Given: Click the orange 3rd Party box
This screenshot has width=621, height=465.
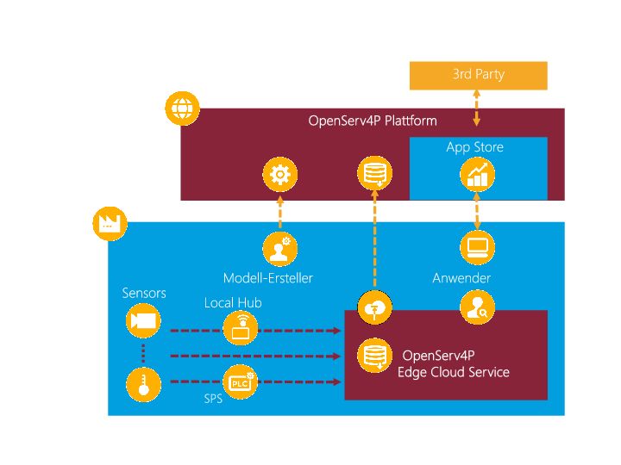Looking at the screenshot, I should tap(478, 75).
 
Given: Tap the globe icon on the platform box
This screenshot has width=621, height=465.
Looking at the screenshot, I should tap(182, 109).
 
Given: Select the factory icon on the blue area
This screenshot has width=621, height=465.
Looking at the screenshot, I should tap(110, 223).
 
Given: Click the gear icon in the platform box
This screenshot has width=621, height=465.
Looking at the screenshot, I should tap(279, 176).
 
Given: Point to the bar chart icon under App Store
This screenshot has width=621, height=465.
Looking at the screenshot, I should tap(477, 176).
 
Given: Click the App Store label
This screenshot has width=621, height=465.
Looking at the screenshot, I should tap(474, 147).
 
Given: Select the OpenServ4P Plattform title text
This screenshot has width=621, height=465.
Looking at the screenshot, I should tap(373, 121).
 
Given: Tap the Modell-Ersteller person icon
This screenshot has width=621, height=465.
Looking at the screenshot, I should tap(279, 248).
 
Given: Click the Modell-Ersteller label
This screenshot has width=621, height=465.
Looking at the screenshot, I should tap(268, 278).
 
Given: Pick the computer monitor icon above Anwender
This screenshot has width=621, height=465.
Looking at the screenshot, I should tap(477, 248).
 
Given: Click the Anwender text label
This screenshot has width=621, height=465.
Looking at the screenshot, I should tap(461, 278).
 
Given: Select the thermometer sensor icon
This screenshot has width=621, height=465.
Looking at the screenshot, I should tap(143, 384).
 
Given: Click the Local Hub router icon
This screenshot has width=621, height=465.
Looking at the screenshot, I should tap(240, 328).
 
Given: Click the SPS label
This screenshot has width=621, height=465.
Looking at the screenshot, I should tap(213, 399).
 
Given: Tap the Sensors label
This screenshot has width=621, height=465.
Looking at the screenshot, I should tap(144, 294).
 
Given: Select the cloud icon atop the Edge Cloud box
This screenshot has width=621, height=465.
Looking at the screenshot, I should tap(374, 307).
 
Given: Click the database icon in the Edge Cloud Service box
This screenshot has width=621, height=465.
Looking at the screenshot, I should tap(374, 354).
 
